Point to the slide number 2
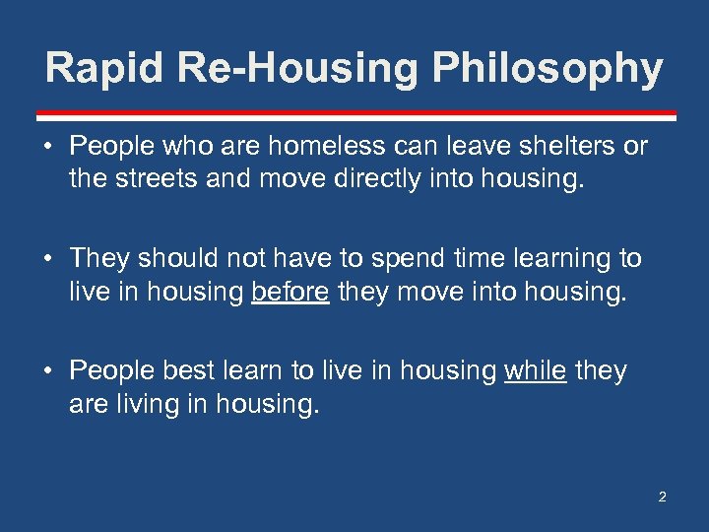point(662,497)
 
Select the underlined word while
point(535,370)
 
